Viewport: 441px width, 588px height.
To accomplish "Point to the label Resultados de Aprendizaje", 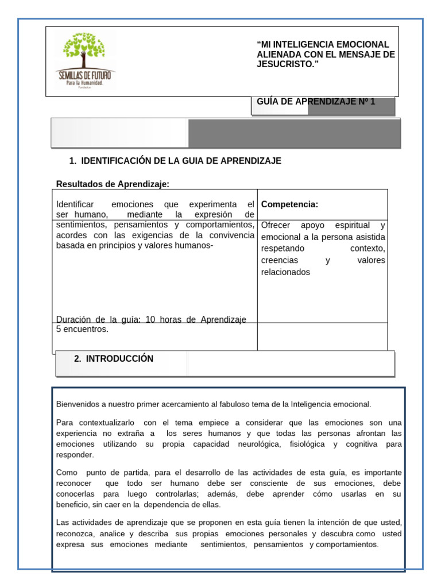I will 113,184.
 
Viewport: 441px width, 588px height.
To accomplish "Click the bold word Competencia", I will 289,204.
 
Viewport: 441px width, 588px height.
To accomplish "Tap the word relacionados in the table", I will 285,272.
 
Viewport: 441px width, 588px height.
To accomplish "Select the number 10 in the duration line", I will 150,319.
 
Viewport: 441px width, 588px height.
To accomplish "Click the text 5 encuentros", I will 82,330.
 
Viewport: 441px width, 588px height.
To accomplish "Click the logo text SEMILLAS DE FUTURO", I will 85,75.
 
